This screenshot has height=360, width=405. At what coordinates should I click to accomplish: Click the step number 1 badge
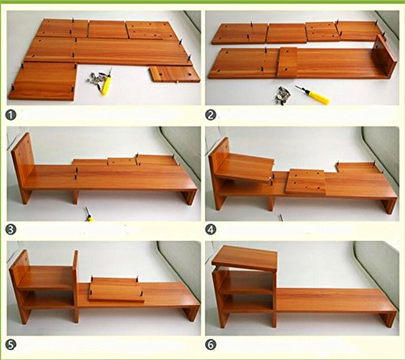[11, 115]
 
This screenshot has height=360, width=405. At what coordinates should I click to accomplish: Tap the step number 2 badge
[211, 115]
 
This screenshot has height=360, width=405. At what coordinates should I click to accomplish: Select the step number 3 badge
[11, 229]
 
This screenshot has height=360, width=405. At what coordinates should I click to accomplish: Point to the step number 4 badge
[211, 229]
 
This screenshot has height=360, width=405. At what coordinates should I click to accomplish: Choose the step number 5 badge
[11, 345]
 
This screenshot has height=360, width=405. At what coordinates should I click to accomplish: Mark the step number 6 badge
[211, 345]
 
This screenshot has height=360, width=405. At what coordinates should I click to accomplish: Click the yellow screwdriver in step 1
[107, 82]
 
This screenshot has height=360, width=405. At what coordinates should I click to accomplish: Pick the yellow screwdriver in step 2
[313, 95]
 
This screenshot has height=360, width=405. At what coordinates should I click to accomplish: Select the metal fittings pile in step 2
[283, 95]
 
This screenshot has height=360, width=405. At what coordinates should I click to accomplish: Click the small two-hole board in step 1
[175, 74]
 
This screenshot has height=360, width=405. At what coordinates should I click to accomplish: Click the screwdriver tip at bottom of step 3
[89, 214]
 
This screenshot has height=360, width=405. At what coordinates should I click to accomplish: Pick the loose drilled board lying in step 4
[305, 182]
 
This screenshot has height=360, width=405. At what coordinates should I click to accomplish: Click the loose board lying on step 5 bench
[116, 290]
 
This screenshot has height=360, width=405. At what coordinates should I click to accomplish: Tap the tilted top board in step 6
[245, 258]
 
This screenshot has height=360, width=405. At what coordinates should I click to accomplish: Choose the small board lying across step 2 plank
[288, 62]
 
